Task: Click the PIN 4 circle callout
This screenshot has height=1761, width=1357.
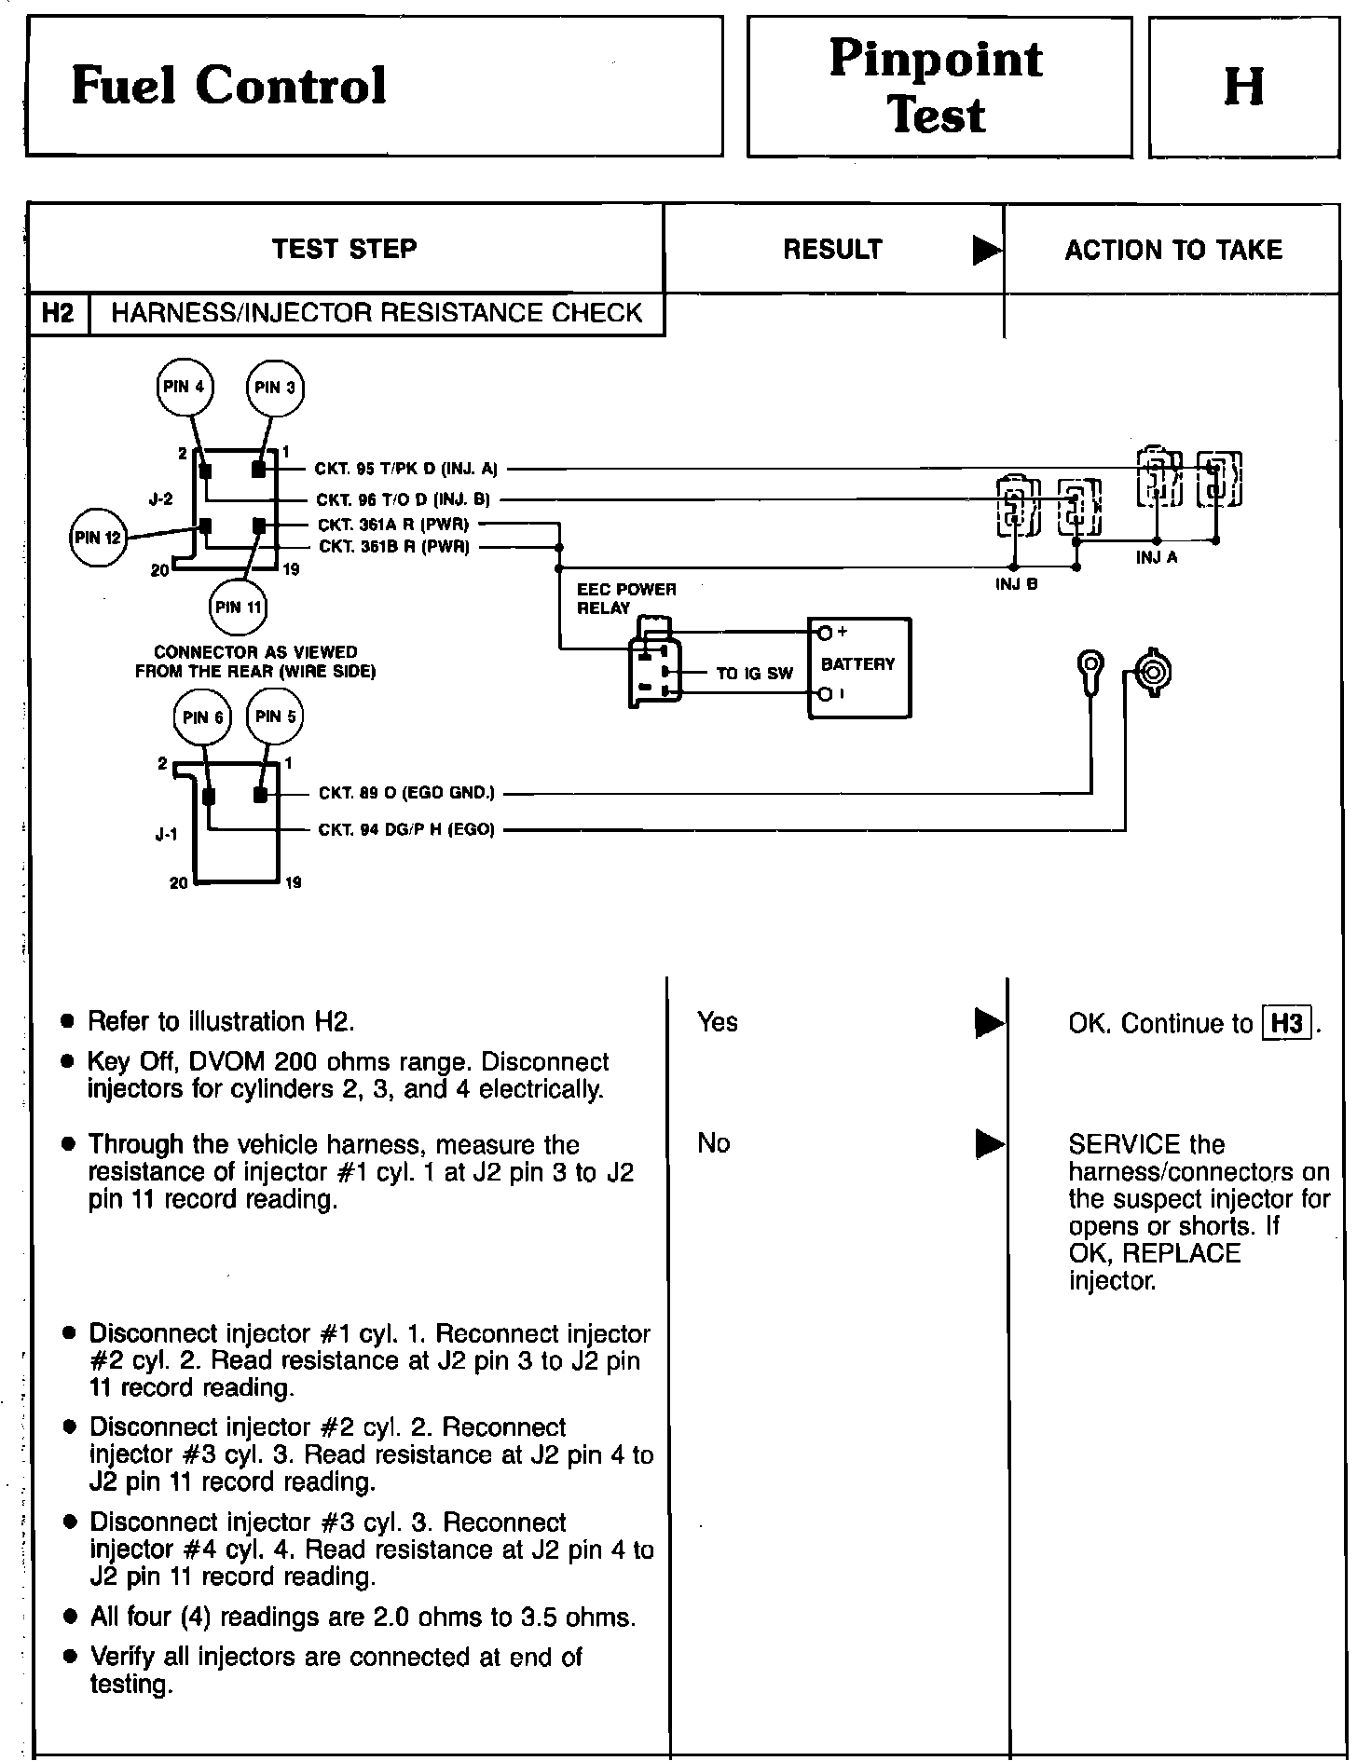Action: tap(185, 386)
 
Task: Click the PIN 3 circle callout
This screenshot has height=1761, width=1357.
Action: tap(274, 388)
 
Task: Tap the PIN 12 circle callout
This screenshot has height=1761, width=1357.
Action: tap(98, 538)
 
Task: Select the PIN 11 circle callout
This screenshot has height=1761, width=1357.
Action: tap(239, 607)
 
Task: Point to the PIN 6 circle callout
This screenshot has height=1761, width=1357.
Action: tap(202, 717)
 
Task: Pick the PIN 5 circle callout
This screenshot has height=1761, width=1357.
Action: tap(275, 717)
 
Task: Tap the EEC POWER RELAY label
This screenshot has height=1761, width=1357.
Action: tap(625, 598)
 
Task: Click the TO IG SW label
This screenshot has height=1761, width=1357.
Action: tap(754, 673)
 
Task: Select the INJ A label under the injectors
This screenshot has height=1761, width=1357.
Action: tap(1157, 557)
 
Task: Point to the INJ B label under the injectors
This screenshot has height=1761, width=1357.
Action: tap(1015, 585)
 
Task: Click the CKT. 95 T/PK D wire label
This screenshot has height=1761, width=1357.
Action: tap(406, 470)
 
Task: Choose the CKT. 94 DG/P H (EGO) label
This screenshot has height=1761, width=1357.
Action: tap(405, 829)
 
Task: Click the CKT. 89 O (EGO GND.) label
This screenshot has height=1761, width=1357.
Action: tap(406, 793)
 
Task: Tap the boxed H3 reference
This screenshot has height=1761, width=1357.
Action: tap(1286, 1023)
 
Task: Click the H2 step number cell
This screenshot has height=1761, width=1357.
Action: tap(58, 313)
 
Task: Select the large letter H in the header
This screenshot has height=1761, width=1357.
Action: tap(1243, 87)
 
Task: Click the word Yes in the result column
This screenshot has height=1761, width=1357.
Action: tap(717, 1022)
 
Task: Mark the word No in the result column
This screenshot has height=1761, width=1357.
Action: tap(713, 1143)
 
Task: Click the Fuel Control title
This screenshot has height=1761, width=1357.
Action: tap(228, 86)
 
